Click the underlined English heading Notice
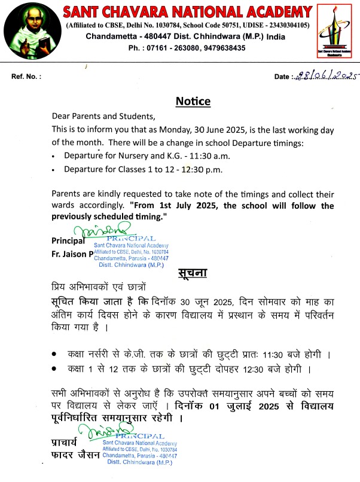coord(193,101)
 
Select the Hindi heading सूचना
coord(193,273)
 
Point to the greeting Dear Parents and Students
coord(99,116)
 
